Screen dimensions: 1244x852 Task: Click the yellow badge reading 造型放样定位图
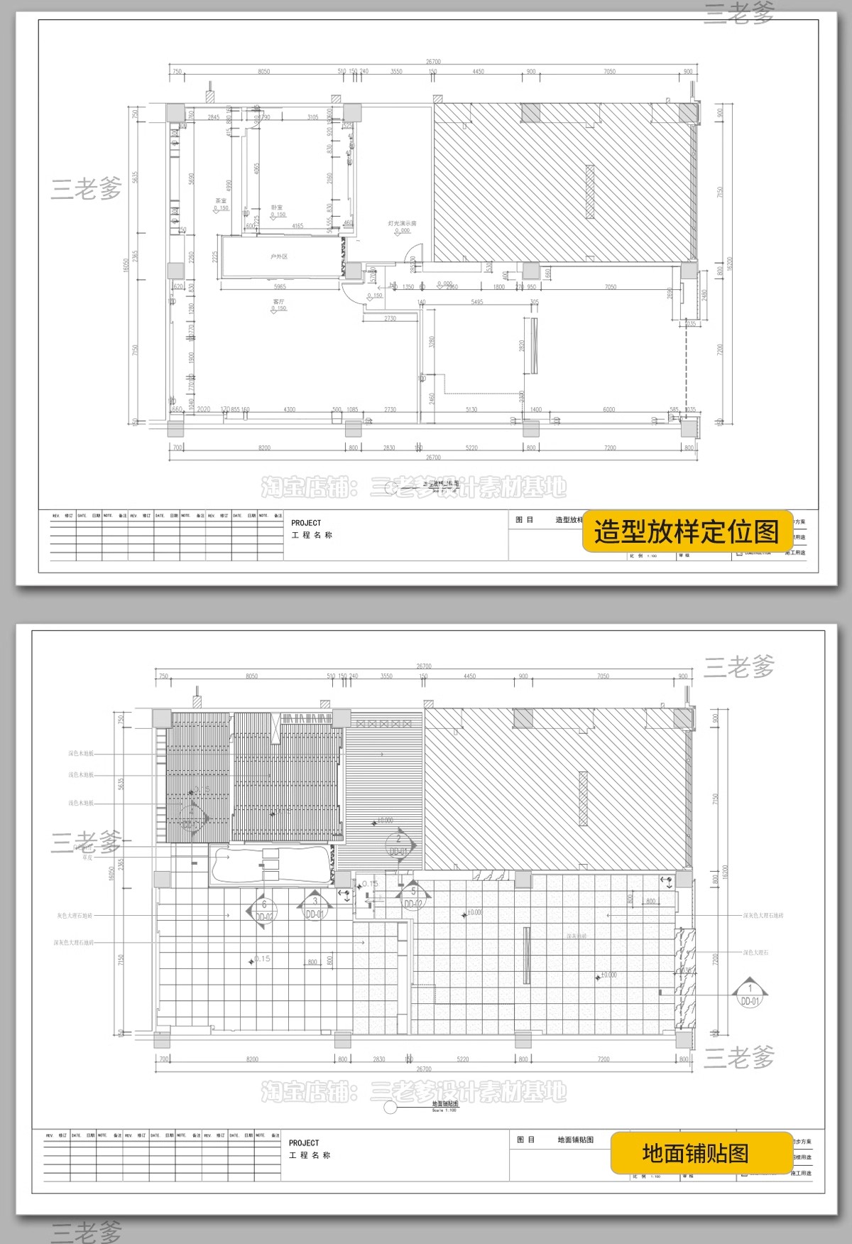[687, 531]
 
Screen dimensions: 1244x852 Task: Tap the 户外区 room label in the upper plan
[279, 256]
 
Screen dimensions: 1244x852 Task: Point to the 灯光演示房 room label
[402, 223]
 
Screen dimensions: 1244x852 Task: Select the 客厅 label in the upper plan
[278, 302]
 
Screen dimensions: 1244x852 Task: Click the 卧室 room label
[276, 207]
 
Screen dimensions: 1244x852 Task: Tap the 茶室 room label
[221, 201]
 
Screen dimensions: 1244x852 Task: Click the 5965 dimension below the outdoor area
[280, 287]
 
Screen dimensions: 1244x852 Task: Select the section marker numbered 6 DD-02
[263, 910]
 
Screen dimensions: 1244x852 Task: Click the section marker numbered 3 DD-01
[315, 907]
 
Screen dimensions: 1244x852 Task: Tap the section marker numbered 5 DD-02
[413, 897]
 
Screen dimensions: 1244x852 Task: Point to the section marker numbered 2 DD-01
[398, 845]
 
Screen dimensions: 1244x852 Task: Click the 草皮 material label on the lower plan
[87, 858]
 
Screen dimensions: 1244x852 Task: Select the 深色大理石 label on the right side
[755, 953]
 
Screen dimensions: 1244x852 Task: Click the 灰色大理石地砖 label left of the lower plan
[75, 916]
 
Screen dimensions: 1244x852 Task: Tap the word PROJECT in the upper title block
[306, 523]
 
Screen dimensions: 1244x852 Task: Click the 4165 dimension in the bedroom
[297, 226]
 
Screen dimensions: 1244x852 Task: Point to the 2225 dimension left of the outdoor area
[215, 256]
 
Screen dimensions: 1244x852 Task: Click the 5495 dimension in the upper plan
[477, 302]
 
